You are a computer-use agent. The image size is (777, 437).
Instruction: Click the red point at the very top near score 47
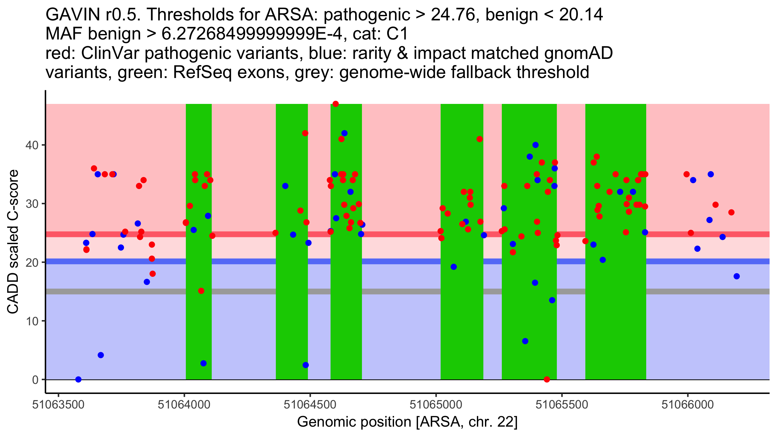pyautogui.click(x=335, y=104)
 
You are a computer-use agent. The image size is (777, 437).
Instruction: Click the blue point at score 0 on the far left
pyautogui.click(x=78, y=379)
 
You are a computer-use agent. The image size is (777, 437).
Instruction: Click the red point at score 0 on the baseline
pyautogui.click(x=547, y=379)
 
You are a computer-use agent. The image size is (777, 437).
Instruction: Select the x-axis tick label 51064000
pyautogui.click(x=184, y=405)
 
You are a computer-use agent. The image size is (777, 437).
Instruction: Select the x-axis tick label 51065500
pyautogui.click(x=562, y=405)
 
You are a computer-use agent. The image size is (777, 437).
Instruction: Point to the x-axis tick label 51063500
pyautogui.click(x=59, y=405)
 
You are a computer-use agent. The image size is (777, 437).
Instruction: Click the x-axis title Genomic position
pyautogui.click(x=407, y=422)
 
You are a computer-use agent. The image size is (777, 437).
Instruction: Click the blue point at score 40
pyautogui.click(x=535, y=145)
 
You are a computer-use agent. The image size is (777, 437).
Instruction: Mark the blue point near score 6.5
pyautogui.click(x=525, y=341)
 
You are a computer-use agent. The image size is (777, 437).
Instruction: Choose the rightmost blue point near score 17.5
pyautogui.click(x=737, y=276)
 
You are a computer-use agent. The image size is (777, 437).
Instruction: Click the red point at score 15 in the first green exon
pyautogui.click(x=201, y=291)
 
